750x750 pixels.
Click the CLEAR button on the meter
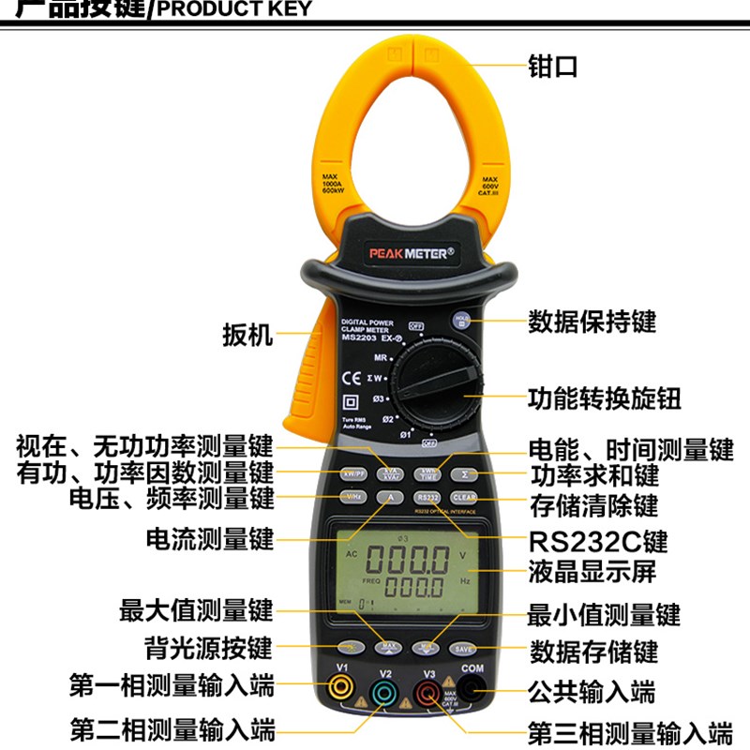point(465,498)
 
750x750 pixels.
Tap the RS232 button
point(427,498)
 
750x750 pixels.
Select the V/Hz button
point(354,497)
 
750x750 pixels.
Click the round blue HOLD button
point(461,320)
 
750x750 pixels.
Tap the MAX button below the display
point(388,647)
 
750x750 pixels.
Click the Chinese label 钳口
point(554,67)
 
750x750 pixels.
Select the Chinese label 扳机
point(247,335)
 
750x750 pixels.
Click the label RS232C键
point(597,542)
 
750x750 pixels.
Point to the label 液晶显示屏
point(592,573)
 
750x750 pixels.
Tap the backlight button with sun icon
point(349,647)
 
